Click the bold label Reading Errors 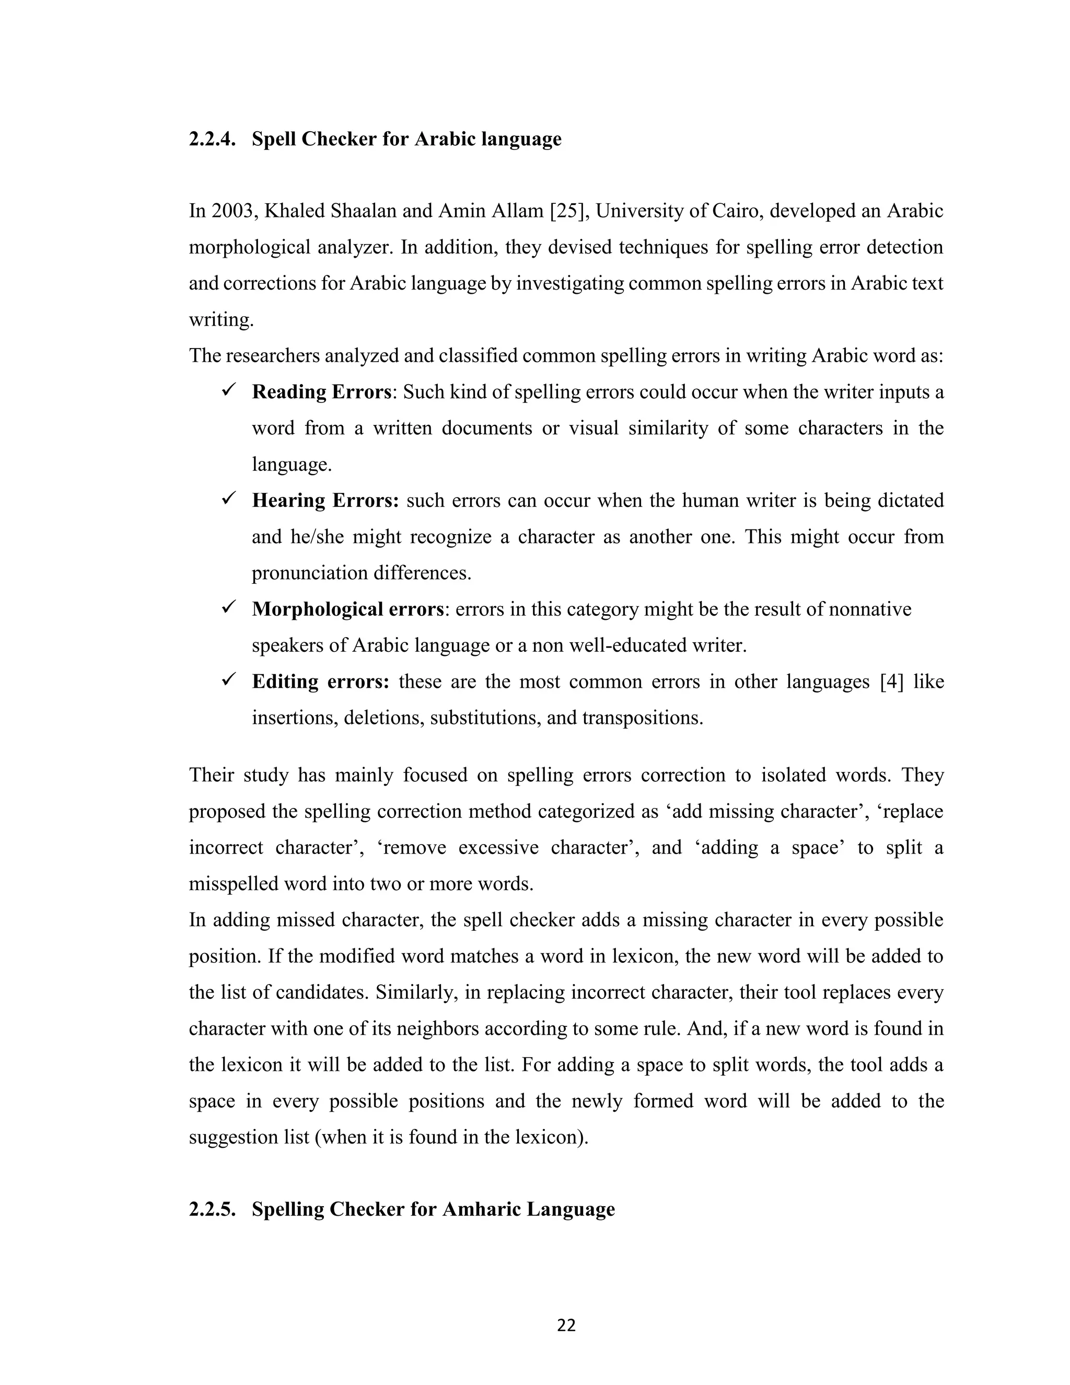point(321,392)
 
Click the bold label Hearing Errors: point(325,500)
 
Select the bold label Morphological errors point(347,609)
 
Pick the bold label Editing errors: point(320,682)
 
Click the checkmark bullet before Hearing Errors point(228,499)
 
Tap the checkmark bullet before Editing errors point(228,680)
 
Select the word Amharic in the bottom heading point(481,1209)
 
